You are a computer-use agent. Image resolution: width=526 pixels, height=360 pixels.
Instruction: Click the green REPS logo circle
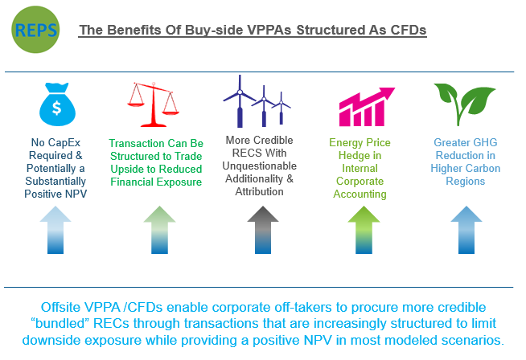point(35,30)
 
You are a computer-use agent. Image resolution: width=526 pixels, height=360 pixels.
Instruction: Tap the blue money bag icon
point(57,104)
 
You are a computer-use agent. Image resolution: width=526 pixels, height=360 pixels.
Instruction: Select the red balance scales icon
point(154,104)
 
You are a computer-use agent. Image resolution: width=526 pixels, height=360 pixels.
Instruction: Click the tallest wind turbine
point(240,101)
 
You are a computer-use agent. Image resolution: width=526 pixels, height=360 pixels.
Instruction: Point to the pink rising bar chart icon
point(367,107)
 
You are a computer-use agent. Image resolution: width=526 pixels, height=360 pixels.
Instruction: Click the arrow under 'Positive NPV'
point(55,230)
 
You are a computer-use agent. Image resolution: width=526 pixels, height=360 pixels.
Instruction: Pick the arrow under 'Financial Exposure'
point(160,230)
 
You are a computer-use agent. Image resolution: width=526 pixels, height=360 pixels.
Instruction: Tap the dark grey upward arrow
point(263,230)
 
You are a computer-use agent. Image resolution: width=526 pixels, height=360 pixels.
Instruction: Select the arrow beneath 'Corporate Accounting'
point(364,230)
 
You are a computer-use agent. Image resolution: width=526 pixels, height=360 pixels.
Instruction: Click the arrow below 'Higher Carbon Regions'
point(466,230)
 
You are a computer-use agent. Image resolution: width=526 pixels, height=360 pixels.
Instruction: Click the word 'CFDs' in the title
point(409,30)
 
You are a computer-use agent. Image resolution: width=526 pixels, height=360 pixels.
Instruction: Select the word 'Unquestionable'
point(259,166)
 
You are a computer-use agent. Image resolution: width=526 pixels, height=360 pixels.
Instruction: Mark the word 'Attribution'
point(259,192)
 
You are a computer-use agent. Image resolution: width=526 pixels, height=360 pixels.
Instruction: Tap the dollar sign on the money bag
point(56,108)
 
